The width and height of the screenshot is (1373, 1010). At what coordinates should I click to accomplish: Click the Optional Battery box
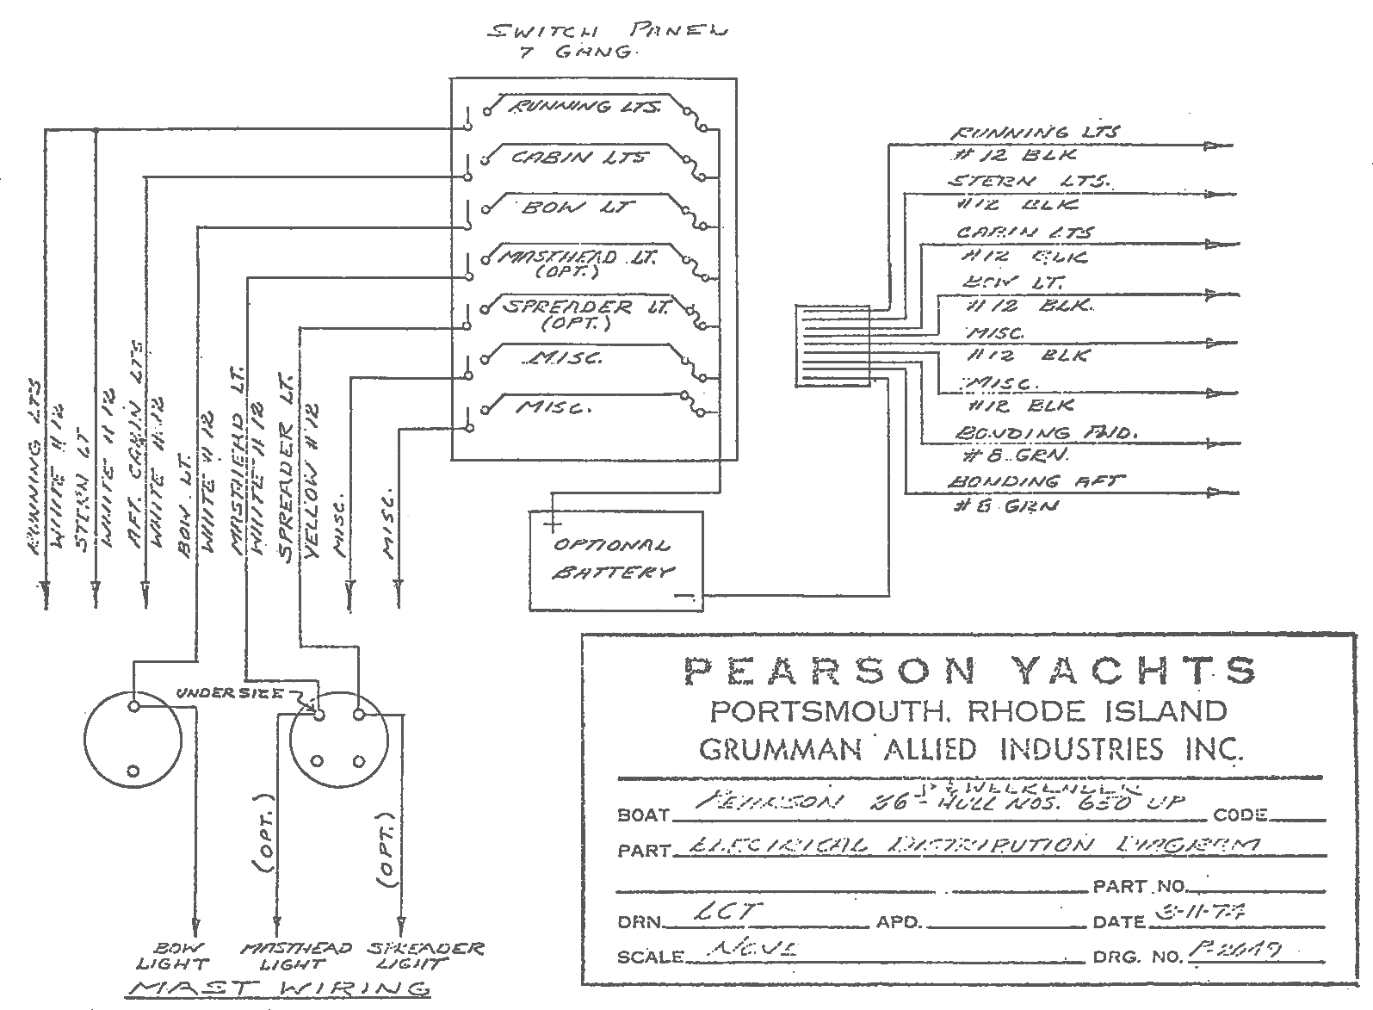pos(615,560)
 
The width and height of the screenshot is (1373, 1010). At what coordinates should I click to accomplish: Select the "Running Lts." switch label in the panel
pos(585,107)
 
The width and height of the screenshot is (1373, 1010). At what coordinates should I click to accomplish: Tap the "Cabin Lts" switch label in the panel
pos(580,157)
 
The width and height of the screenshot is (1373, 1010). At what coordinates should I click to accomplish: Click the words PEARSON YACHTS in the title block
pos(969,671)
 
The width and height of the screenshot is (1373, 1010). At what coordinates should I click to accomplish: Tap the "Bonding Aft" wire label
pos(1035,482)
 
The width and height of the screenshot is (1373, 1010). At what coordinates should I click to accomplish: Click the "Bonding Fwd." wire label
pos(1044,434)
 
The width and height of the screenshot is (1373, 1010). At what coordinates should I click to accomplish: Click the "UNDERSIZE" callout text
pos(230,693)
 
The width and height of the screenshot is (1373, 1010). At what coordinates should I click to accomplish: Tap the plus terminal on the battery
pos(552,522)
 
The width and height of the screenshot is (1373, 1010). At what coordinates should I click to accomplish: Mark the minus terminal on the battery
pos(685,594)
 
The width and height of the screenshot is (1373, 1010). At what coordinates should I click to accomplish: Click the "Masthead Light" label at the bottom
pos(296,956)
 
